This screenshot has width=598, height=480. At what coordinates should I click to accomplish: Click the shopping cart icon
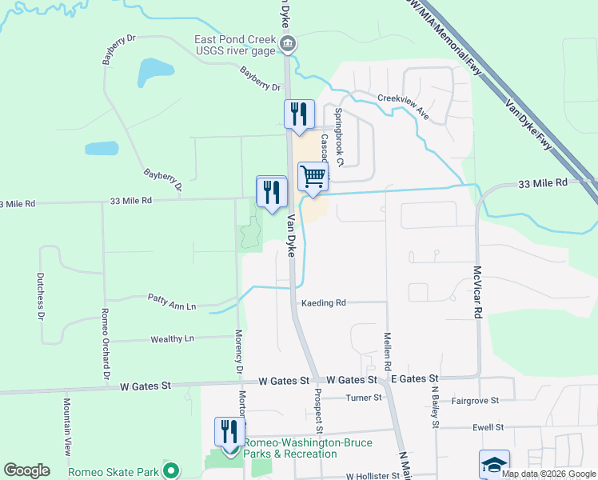313,177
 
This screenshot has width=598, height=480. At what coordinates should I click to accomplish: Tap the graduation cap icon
494,464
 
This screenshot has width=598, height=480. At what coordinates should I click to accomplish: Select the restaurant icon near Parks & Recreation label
229,431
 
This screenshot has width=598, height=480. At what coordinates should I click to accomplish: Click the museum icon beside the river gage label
288,43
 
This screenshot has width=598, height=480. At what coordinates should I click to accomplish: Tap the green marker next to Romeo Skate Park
169,470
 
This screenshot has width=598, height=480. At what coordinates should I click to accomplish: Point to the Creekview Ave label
404,106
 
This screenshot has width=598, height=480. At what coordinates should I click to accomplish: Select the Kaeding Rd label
323,303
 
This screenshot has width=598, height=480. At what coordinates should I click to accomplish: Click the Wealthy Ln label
173,339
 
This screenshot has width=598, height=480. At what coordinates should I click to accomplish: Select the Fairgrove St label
475,399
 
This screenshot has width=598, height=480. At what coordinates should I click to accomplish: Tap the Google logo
26,470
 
